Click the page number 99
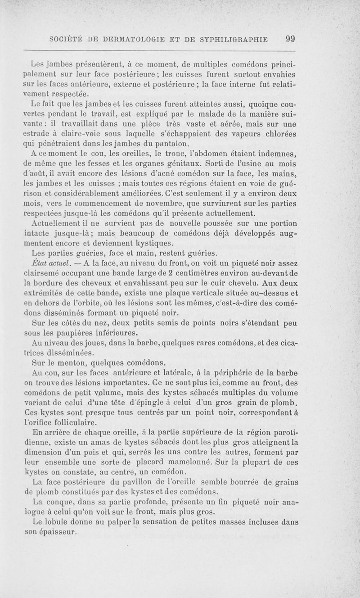tap(290, 39)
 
